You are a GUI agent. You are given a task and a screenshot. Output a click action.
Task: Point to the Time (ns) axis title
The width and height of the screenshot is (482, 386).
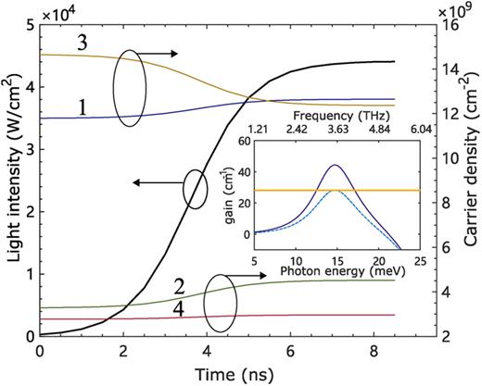tap(222, 372)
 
